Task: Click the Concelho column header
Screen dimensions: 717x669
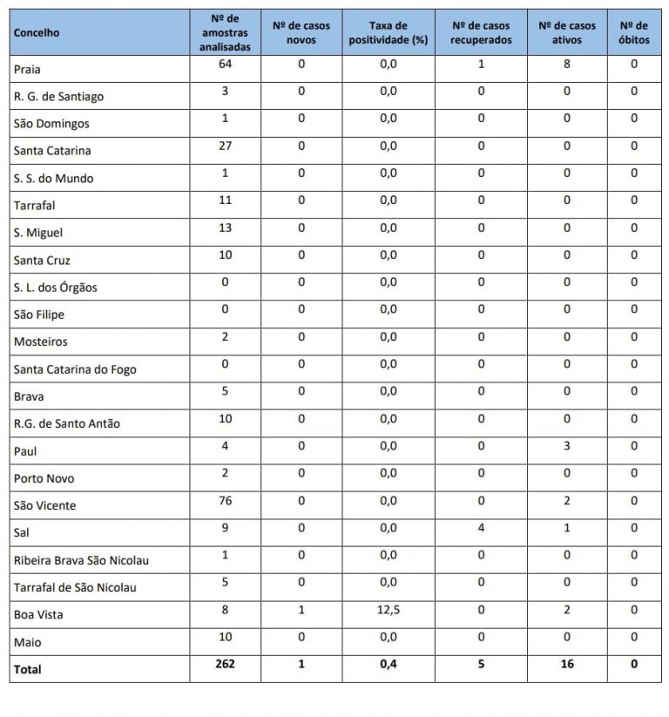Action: [37, 32]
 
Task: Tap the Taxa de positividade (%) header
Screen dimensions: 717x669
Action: [388, 33]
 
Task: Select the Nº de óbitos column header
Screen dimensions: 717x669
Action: [633, 33]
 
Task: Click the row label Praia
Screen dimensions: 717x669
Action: [27, 69]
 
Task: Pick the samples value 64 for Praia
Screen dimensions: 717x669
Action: [225, 64]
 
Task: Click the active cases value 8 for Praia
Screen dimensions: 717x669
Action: [567, 64]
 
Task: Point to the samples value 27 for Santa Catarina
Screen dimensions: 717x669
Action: [225, 145]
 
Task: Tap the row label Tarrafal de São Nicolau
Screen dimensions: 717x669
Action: [75, 587]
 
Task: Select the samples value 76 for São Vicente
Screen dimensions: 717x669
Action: [225, 500]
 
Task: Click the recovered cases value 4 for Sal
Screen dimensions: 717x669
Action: [482, 527]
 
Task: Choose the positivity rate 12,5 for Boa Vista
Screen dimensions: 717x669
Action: [388, 610]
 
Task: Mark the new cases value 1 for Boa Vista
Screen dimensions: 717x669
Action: [301, 610]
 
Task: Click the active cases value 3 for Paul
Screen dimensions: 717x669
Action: [567, 445]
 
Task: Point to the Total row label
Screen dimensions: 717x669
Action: [27, 669]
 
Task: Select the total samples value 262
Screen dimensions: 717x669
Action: [225, 664]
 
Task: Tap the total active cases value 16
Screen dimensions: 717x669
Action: [567, 664]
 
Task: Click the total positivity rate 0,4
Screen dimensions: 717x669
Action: [388, 664]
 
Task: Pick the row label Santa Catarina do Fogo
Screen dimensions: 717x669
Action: [75, 369]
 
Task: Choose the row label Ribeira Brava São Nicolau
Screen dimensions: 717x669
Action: [81, 560]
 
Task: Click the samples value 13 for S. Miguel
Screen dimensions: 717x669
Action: [225, 227]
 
